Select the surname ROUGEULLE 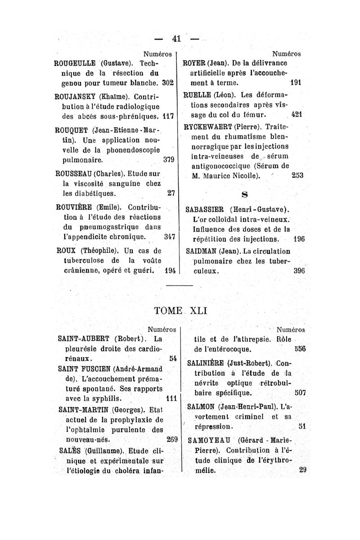[74, 63]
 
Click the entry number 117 [169, 116]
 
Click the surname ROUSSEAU [73, 173]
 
